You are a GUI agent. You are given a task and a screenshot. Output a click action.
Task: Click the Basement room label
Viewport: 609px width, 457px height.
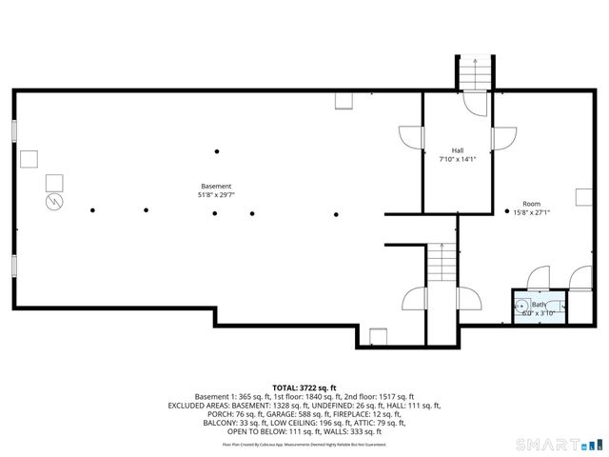pos(215,186)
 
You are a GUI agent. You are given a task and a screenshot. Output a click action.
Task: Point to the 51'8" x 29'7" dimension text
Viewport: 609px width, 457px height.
pos(215,195)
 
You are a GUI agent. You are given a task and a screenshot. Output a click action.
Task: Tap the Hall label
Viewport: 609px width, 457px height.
pos(457,150)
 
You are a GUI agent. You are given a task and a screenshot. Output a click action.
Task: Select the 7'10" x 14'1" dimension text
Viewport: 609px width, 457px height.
pos(457,159)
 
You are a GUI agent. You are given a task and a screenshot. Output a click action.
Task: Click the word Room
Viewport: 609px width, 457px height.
pos(531,204)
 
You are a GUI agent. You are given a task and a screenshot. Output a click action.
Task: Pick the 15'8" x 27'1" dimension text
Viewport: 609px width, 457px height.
pos(531,212)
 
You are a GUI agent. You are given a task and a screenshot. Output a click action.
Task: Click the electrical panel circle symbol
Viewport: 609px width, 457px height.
pos(54,202)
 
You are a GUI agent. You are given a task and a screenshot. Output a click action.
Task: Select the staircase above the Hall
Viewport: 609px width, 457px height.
pos(472,71)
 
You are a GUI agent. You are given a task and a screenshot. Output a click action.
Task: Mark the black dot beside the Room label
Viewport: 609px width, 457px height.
pos(506,211)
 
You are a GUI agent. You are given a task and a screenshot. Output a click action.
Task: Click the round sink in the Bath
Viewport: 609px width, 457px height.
pos(522,308)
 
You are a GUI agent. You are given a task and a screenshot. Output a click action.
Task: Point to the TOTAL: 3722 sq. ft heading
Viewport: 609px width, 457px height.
pos(304,387)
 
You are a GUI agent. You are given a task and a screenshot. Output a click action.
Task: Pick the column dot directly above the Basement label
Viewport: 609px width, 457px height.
pos(217,151)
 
